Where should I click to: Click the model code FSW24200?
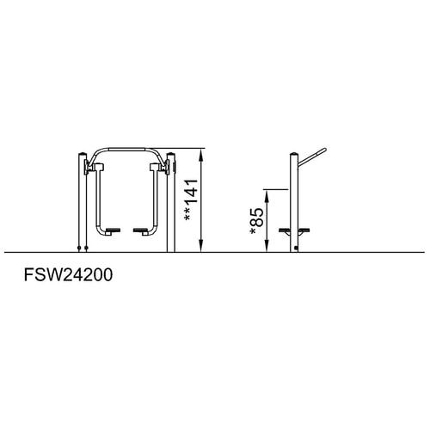68,275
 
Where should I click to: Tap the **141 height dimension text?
191,200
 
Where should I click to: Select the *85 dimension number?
256,221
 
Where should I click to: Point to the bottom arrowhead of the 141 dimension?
202,246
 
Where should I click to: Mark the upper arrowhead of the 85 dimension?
267,196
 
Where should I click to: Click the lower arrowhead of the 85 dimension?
267,246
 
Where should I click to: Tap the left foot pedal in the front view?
113,230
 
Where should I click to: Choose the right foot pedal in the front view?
141,230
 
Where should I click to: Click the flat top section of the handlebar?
126,150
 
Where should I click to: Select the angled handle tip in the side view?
324,150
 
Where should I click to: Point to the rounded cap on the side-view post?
294,154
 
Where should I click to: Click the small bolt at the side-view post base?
296,249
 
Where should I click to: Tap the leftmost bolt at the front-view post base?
79,248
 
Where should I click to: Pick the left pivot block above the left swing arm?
99,167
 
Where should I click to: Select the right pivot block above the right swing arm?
155,167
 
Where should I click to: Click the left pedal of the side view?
285,230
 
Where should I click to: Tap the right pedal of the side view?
304,230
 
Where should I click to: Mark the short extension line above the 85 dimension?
275,189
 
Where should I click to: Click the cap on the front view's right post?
170,154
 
